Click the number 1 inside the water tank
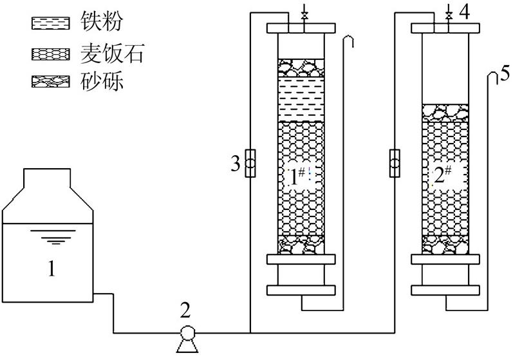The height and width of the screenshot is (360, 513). click(51, 267)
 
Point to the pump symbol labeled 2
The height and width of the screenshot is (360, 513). click(187, 334)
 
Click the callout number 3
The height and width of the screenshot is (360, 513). click(236, 164)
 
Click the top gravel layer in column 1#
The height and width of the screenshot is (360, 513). click(301, 68)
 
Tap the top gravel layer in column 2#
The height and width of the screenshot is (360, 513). click(445, 113)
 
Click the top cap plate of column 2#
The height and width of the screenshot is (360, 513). click(445, 28)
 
